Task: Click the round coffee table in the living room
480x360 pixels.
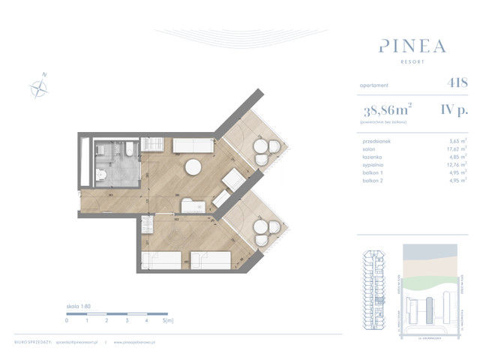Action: click(193, 167)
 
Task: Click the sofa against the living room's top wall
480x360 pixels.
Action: click(193, 146)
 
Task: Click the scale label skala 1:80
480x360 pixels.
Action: click(77, 307)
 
